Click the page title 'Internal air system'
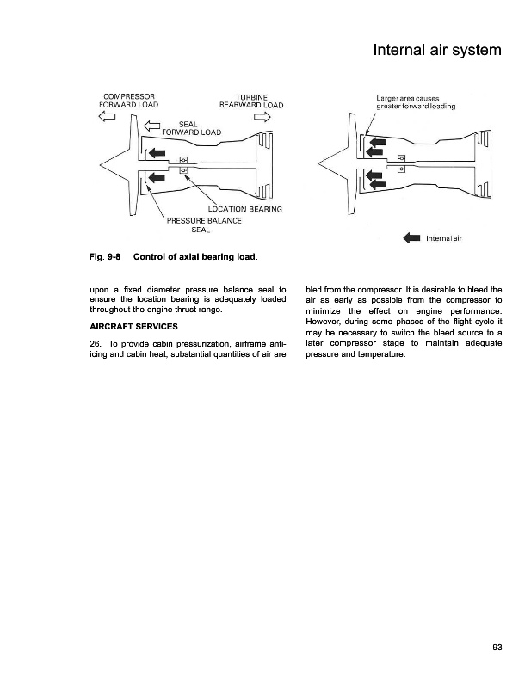tap(436, 52)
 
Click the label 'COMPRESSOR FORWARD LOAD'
tap(129, 101)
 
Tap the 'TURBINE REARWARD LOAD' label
tap(251, 101)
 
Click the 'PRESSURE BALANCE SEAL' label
tap(203, 224)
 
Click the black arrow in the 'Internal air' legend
tap(411, 239)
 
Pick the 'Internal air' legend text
tap(444, 239)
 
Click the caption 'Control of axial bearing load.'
tap(195, 257)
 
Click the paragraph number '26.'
tap(96, 346)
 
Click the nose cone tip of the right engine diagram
tap(318, 163)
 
